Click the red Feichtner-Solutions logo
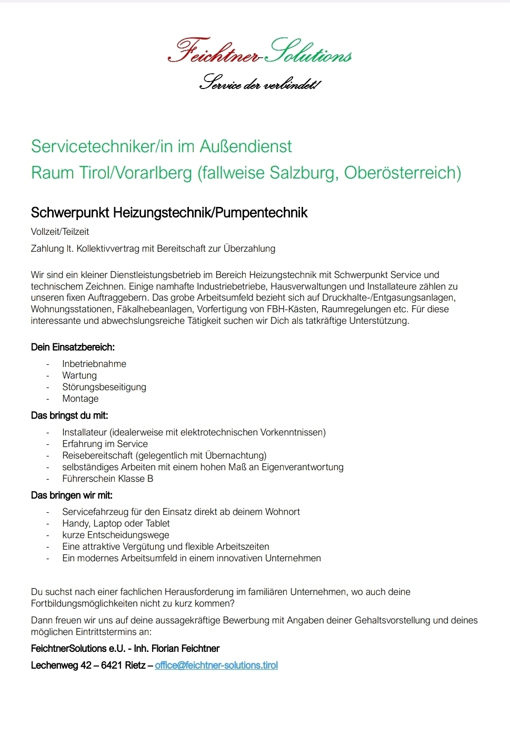(259, 52)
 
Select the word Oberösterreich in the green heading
(403, 173)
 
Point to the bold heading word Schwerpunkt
(70, 213)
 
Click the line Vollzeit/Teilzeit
(60, 232)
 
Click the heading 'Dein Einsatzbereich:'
(73, 347)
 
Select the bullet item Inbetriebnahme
(94, 364)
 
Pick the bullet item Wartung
(79, 375)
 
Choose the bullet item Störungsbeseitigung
(104, 387)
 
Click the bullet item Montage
(80, 399)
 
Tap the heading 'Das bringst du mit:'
(69, 415)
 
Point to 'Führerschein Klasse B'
(107, 479)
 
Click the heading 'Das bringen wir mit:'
(72, 495)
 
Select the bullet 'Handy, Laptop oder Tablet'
(116, 523)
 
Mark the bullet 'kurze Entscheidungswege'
(116, 535)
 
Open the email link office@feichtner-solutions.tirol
(216, 665)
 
